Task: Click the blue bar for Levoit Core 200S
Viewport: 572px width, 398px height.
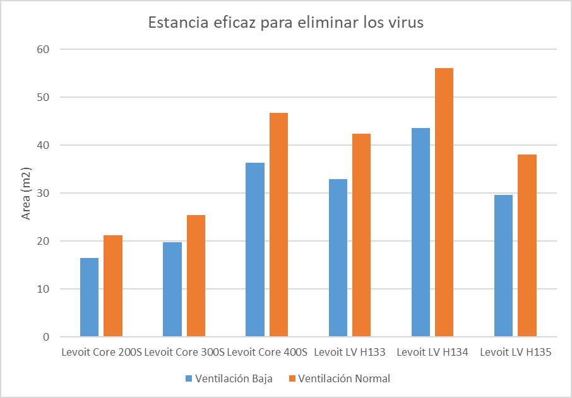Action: pos(90,297)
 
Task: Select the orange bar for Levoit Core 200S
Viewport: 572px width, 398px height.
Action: pos(113,286)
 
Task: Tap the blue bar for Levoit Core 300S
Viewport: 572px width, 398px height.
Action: pos(172,290)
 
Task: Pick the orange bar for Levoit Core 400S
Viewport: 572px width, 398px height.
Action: pos(278,225)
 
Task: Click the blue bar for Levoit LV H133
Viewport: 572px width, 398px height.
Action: pos(338,258)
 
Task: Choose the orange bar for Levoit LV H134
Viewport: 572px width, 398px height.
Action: pos(444,202)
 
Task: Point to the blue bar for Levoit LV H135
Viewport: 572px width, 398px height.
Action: pos(503,266)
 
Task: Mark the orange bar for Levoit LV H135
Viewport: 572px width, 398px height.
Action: pos(527,245)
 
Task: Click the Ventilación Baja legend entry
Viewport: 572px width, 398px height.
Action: pos(229,378)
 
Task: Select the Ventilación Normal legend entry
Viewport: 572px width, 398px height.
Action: pos(340,378)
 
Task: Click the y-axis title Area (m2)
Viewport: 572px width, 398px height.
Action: pos(27,194)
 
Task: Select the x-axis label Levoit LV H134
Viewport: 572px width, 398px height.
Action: pos(432,353)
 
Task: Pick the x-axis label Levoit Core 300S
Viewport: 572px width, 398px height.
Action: pos(184,353)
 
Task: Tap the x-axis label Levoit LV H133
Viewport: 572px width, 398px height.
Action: pos(350,353)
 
